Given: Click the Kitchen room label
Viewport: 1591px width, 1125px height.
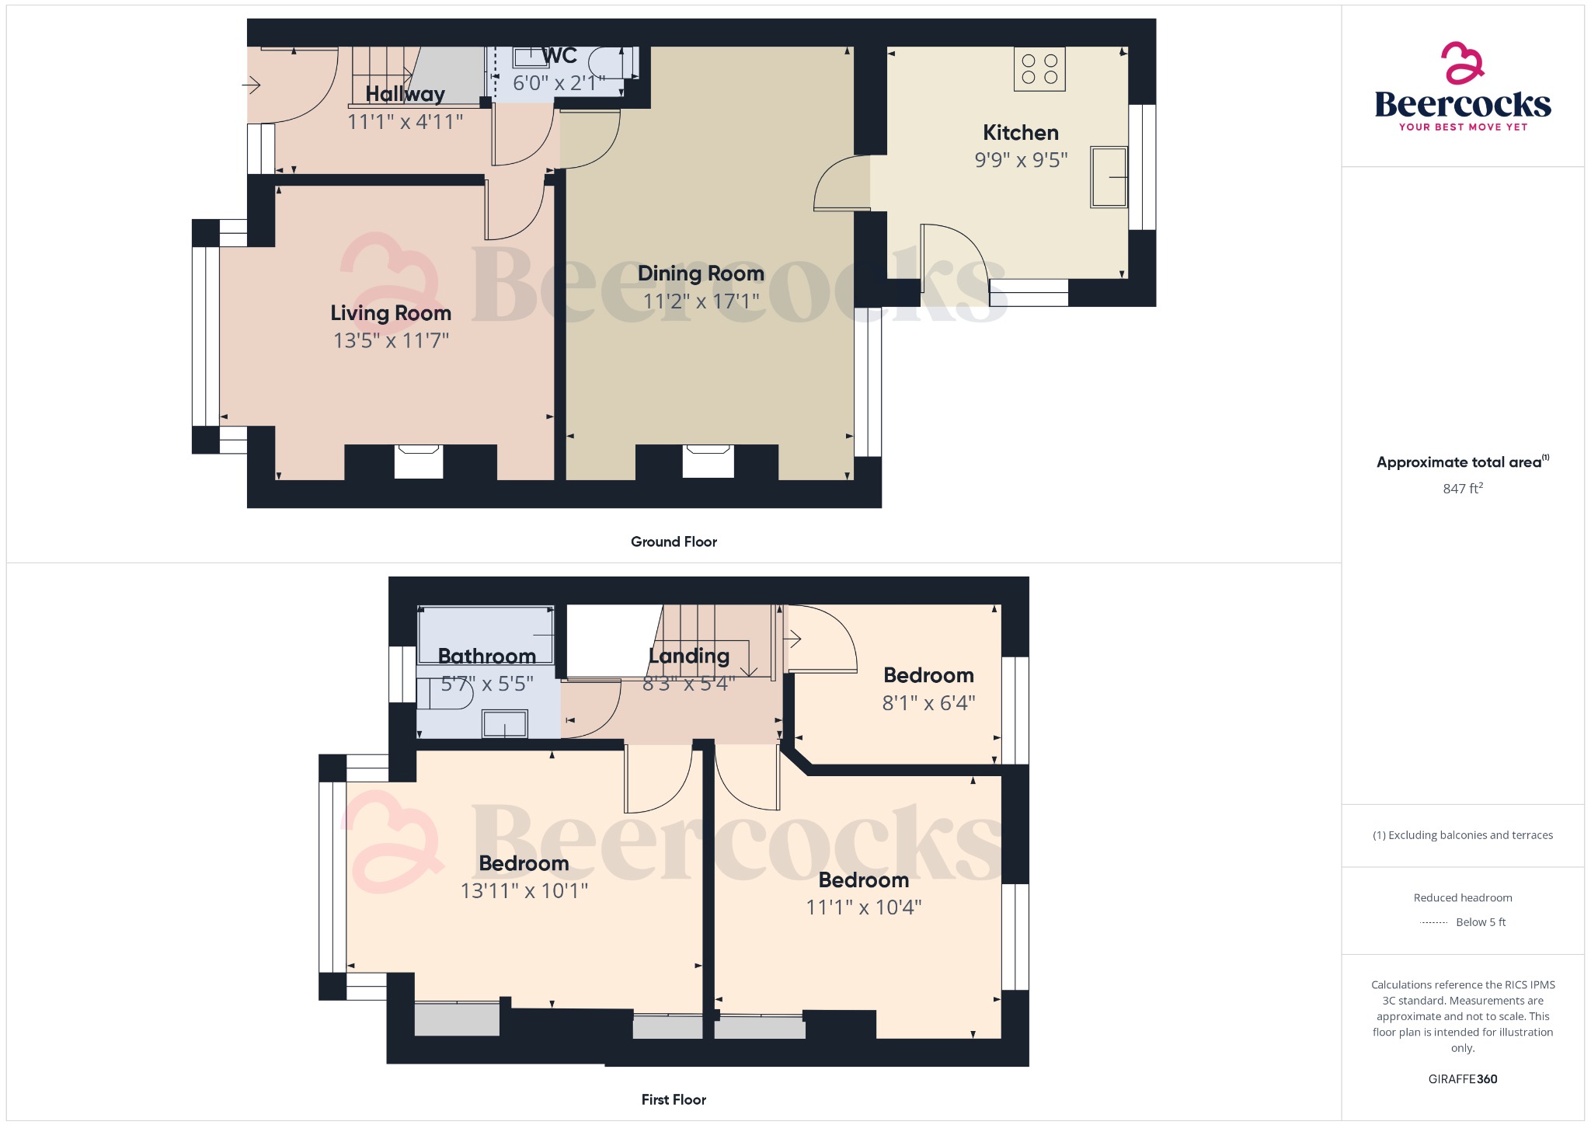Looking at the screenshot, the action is click(x=1021, y=133).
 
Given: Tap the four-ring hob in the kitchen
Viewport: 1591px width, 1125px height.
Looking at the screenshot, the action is click(x=1039, y=69).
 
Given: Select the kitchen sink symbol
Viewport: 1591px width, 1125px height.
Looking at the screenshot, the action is click(x=1109, y=177).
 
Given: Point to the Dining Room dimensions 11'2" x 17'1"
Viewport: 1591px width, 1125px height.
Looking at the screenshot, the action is click(x=702, y=301).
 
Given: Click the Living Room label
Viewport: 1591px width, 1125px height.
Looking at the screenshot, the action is click(x=391, y=313).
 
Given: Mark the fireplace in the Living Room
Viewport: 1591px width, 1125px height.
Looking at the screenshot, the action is click(x=419, y=461).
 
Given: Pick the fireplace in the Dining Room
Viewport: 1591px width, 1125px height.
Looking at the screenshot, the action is click(x=708, y=461).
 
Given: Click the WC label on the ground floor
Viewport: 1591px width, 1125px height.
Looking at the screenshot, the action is click(x=559, y=56).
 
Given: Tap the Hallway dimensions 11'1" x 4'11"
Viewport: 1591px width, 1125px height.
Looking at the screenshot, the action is click(x=405, y=122).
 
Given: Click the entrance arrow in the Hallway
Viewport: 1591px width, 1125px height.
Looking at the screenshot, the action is click(x=251, y=84).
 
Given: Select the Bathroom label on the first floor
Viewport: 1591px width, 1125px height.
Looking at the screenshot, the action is click(x=487, y=657).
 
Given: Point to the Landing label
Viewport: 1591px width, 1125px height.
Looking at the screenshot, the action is click(x=689, y=657).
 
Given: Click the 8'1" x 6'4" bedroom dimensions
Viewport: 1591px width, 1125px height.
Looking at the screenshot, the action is click(x=928, y=703).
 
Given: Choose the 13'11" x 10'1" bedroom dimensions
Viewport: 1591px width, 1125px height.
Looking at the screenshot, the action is click(x=524, y=890).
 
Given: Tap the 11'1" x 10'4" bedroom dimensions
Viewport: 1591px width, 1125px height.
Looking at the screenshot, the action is click(x=864, y=907).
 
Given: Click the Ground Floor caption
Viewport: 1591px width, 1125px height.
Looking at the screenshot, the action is click(x=674, y=542).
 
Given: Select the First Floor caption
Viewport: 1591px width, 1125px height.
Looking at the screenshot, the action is click(x=674, y=1099).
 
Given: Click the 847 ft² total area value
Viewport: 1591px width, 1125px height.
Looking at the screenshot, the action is click(x=1463, y=488).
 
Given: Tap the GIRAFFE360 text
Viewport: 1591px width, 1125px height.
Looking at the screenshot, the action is click(x=1463, y=1079).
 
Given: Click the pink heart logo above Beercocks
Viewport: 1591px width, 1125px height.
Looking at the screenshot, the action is click(x=1462, y=63).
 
